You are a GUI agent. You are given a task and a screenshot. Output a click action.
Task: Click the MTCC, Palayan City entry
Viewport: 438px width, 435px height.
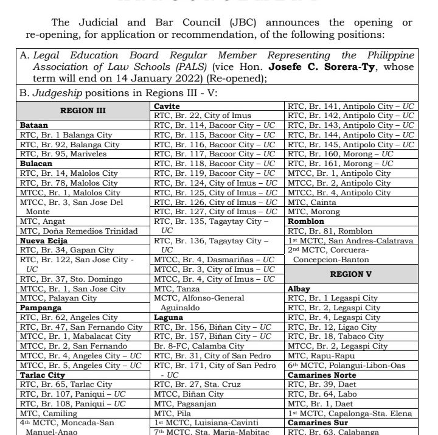click(x=58, y=298)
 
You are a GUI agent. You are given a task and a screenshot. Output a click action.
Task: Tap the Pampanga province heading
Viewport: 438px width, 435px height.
click(x=41, y=308)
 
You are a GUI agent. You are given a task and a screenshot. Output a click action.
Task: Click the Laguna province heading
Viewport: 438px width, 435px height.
click(x=169, y=318)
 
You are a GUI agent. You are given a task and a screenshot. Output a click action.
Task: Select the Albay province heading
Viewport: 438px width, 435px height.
click(x=299, y=289)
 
